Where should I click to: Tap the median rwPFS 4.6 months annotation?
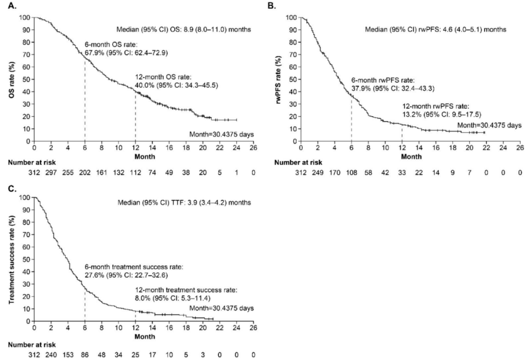tap(439, 29)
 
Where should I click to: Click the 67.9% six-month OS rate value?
tap(94, 53)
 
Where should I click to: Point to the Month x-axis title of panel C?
tap(143, 336)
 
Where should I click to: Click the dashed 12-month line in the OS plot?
tap(135, 116)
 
